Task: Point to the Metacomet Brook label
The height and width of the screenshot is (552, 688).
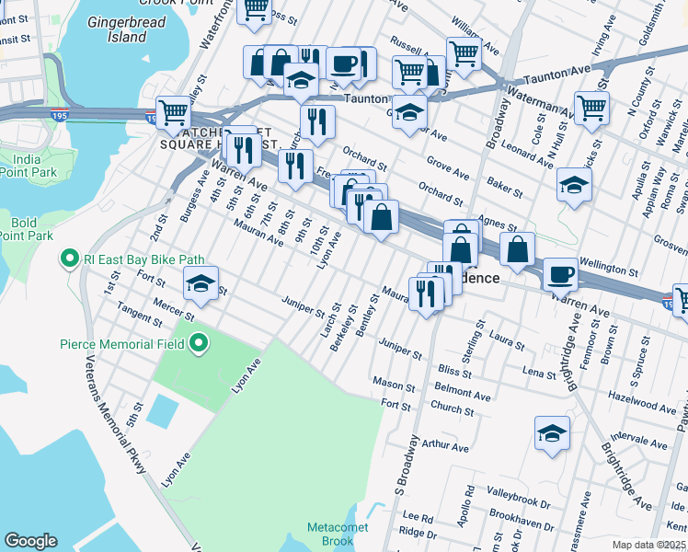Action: pos(330,534)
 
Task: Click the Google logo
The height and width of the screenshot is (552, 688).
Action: pos(30,541)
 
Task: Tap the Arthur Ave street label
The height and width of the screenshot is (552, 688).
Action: pos(445,448)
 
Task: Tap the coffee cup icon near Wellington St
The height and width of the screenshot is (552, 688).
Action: pos(560,274)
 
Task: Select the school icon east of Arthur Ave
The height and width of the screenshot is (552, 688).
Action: pos(552,433)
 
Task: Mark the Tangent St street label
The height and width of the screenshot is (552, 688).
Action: pos(140,316)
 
